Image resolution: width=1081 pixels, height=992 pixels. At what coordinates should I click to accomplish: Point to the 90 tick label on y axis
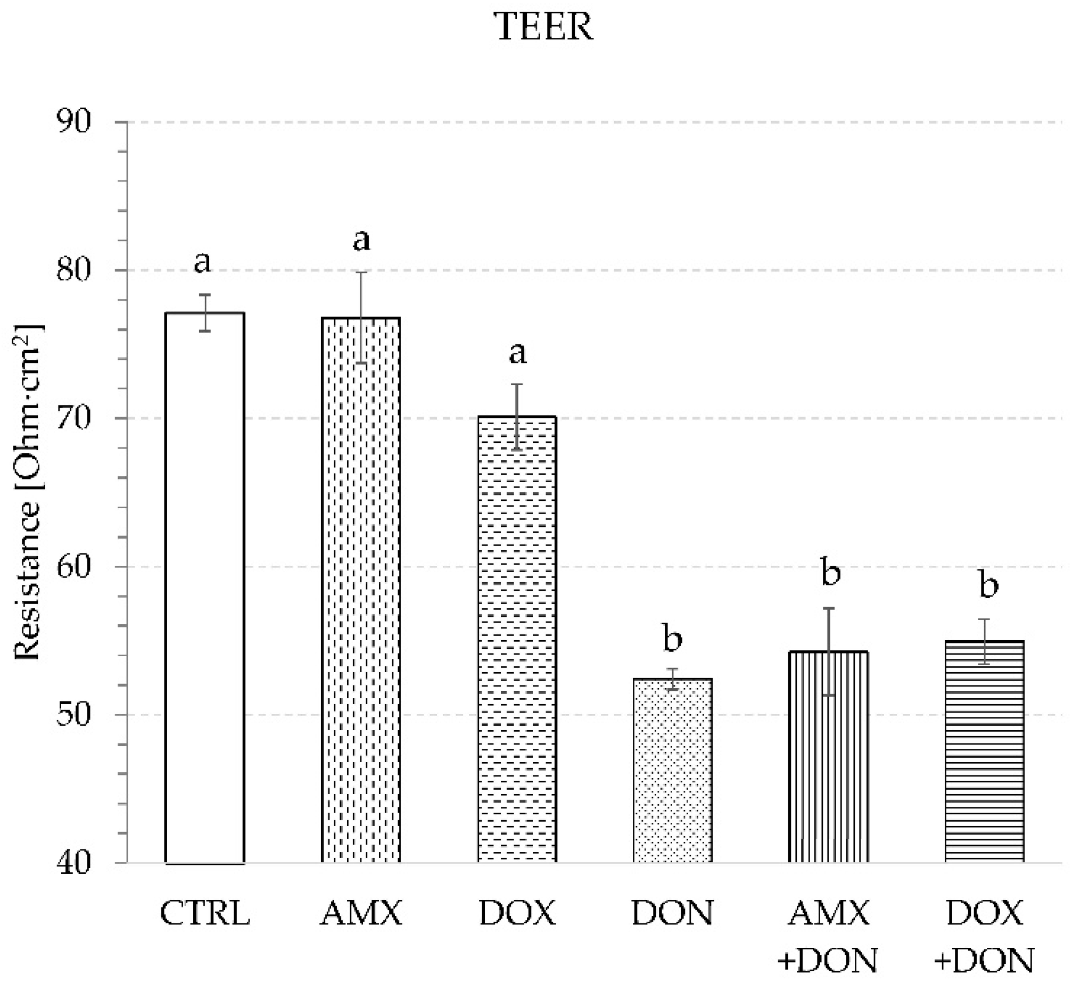click(74, 122)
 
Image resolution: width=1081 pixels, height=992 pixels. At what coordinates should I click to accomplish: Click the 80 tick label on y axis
click(74, 270)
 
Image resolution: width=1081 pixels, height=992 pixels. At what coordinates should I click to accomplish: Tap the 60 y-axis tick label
click(74, 567)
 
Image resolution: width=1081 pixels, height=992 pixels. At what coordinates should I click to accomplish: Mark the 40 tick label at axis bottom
click(74, 863)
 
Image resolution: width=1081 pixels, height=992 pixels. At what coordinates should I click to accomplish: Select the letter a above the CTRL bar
click(202, 262)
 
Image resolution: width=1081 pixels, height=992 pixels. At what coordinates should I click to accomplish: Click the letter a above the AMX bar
click(361, 240)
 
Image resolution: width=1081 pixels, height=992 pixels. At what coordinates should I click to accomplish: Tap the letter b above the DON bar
click(673, 639)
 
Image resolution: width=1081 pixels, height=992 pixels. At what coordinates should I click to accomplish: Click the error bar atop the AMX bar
click(361, 317)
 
